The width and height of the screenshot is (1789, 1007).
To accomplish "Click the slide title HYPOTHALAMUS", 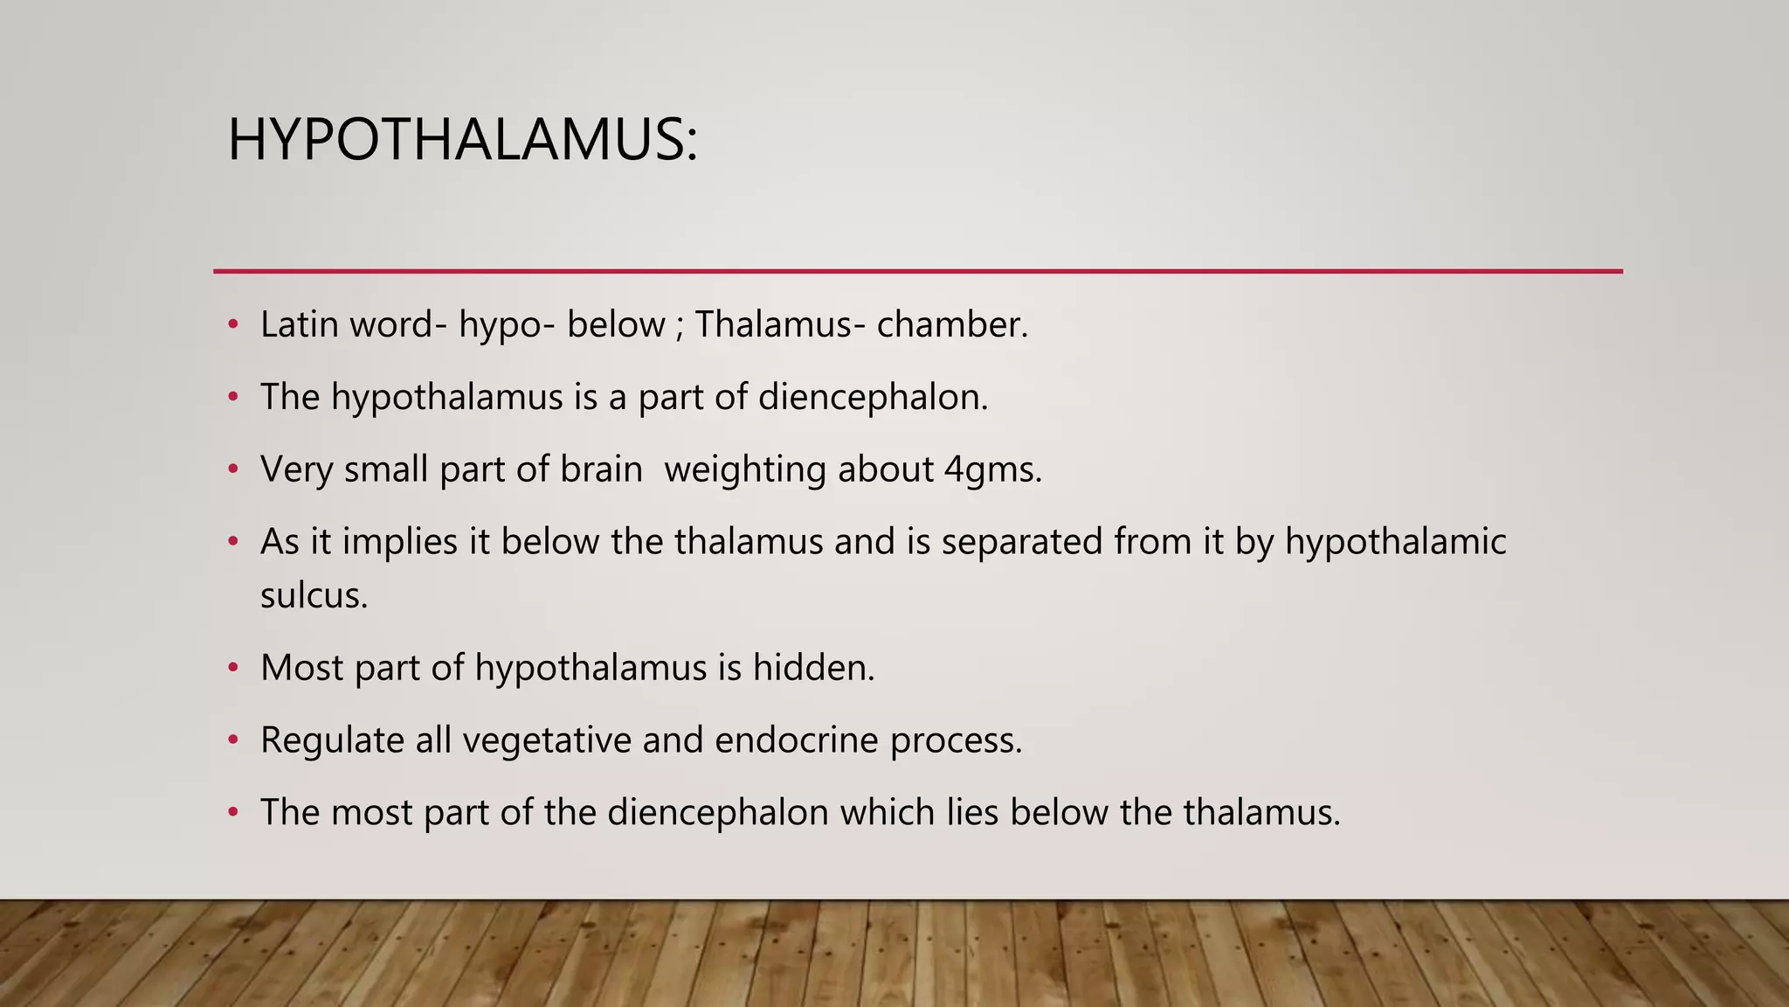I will point(462,140).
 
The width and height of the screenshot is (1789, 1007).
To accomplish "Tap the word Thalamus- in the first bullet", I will point(774,324).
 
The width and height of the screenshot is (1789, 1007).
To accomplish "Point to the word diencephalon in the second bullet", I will point(873,397).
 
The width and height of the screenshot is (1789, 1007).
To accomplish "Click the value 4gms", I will point(993,469).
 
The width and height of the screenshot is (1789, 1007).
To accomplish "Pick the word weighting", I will point(745,469).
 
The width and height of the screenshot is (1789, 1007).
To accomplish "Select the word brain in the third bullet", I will point(601,469).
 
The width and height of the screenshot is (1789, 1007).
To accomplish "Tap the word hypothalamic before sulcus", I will point(1395,541).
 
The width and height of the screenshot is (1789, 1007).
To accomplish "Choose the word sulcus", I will point(314,595).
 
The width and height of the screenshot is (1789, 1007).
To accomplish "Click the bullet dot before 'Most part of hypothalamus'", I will point(232,669).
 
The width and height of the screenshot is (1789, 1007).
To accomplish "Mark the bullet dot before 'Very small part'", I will point(232,469).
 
